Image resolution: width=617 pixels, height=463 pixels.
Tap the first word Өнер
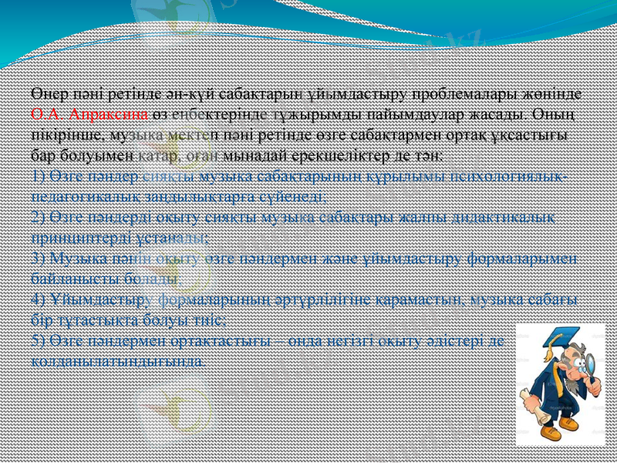point(49,94)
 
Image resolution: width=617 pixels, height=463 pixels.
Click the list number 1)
point(39,174)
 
